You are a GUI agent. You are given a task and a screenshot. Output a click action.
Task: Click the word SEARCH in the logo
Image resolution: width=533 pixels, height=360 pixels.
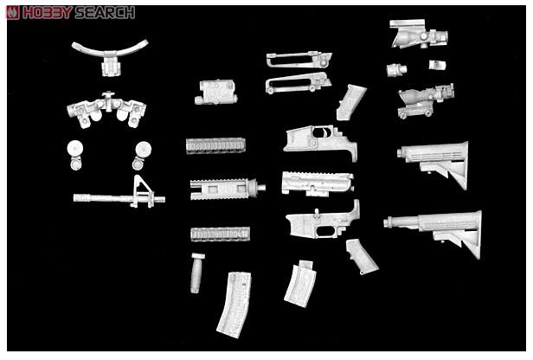pyautogui.click(x=104, y=12)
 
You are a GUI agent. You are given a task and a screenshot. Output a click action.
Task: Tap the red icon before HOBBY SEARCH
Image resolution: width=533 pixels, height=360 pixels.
pyautogui.click(x=13, y=12)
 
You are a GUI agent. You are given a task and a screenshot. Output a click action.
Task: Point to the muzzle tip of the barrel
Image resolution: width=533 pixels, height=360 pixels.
pyautogui.click(x=76, y=198)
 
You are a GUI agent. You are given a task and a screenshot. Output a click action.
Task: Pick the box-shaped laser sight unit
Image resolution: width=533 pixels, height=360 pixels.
pyautogui.click(x=216, y=93)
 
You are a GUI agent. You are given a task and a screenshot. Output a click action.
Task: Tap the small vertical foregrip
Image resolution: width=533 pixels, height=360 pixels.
pyautogui.click(x=196, y=273)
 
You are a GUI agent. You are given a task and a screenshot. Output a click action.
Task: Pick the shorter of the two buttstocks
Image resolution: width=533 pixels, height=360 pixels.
pyautogui.click(x=435, y=160)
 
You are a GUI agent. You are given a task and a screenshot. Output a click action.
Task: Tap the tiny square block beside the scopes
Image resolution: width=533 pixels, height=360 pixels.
pyautogui.click(x=436, y=66)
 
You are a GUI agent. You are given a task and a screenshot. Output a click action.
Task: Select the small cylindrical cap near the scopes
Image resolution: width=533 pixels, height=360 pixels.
pyautogui.click(x=397, y=69)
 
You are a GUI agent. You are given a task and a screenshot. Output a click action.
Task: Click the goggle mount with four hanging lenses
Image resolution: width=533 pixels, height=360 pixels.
pyautogui.click(x=106, y=110)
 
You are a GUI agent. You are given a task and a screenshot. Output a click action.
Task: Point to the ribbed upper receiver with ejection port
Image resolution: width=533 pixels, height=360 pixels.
pyautogui.click(x=317, y=183)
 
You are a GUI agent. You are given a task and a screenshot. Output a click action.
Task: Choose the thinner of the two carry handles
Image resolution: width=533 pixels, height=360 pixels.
pyautogui.click(x=298, y=59)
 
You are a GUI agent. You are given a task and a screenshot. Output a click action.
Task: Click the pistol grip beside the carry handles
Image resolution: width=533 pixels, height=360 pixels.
pyautogui.click(x=350, y=101)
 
